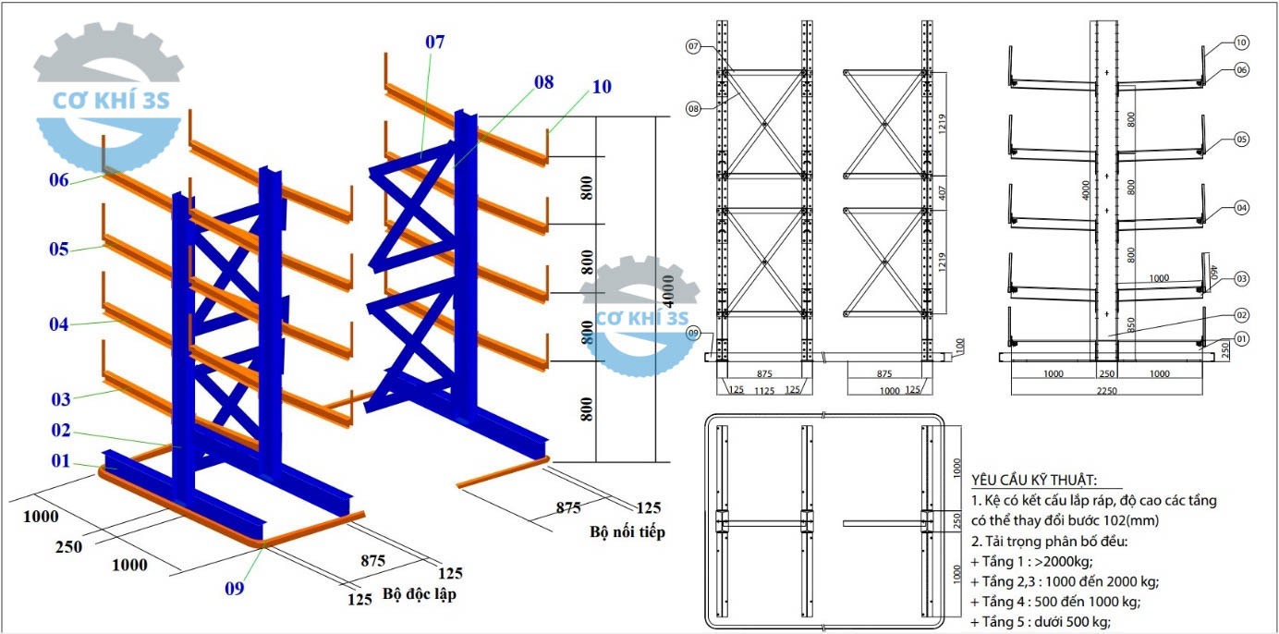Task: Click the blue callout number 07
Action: tap(434, 42)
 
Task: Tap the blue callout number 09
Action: tap(234, 589)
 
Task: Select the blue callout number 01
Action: tap(60, 460)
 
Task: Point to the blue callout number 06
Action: tap(59, 180)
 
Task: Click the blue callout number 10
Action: tap(602, 87)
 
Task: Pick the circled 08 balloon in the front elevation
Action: tap(693, 108)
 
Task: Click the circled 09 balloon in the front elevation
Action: tap(692, 333)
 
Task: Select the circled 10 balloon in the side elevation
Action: tap(1241, 43)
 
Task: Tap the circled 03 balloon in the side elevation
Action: tap(1242, 279)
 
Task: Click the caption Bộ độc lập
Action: tap(420, 594)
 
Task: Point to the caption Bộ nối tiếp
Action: tap(627, 531)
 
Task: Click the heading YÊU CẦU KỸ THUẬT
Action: tap(1034, 480)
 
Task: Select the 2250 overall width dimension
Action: tap(1106, 391)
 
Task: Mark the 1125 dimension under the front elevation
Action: tap(764, 391)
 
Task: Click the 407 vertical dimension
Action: tap(942, 192)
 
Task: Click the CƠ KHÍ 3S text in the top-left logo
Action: tap(111, 101)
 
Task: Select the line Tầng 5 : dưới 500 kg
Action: tap(1041, 621)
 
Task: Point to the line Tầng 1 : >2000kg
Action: tap(1031, 562)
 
